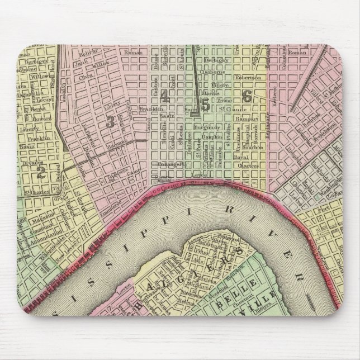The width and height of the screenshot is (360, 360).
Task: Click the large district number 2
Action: click(40, 172)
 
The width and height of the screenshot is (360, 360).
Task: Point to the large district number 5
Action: click(205, 103)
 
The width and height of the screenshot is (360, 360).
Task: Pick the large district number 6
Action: click(246, 95)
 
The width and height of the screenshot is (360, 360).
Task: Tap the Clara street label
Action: click(87, 77)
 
